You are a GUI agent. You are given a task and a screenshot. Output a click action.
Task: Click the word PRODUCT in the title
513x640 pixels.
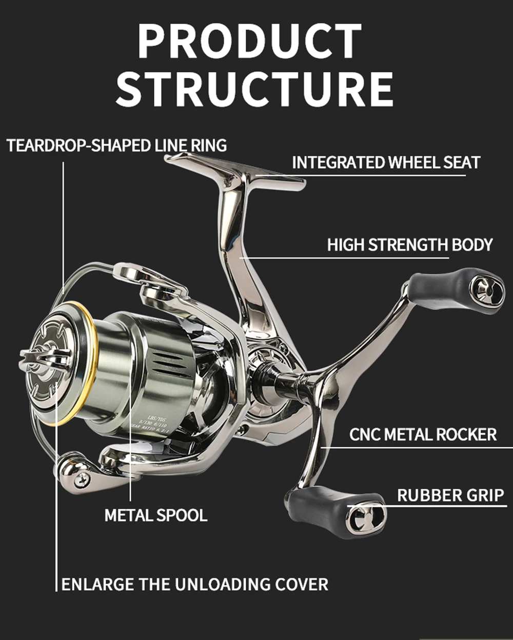250,42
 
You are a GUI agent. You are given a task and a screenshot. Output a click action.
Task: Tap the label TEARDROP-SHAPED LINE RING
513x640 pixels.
117,145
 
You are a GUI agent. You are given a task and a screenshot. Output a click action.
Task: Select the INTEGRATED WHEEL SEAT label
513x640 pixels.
386,163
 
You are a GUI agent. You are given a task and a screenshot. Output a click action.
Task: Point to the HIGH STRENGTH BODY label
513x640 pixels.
409,245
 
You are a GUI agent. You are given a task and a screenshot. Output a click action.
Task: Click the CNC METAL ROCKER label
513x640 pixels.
423,434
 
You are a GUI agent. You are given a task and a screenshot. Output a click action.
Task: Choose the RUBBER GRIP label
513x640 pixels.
450,495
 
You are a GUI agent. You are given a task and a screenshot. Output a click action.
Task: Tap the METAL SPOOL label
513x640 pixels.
156,515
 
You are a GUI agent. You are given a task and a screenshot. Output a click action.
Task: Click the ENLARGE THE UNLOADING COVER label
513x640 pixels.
194,584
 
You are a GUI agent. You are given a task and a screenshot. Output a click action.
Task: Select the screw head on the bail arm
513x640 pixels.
81,479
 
